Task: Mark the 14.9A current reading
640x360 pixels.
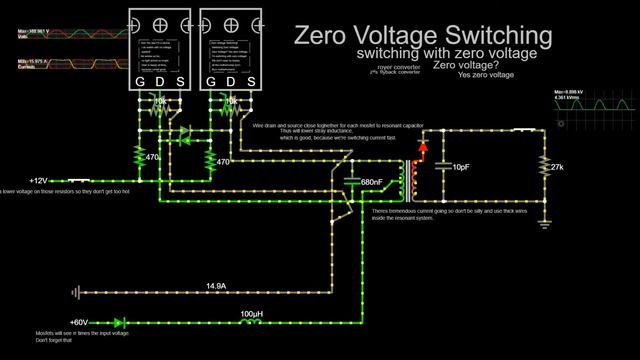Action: click(217, 286)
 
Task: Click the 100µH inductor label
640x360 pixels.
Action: click(252, 314)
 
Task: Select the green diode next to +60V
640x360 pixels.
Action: click(119, 322)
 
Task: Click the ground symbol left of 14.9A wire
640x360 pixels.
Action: click(76, 293)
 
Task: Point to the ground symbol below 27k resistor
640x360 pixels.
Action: click(544, 213)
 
